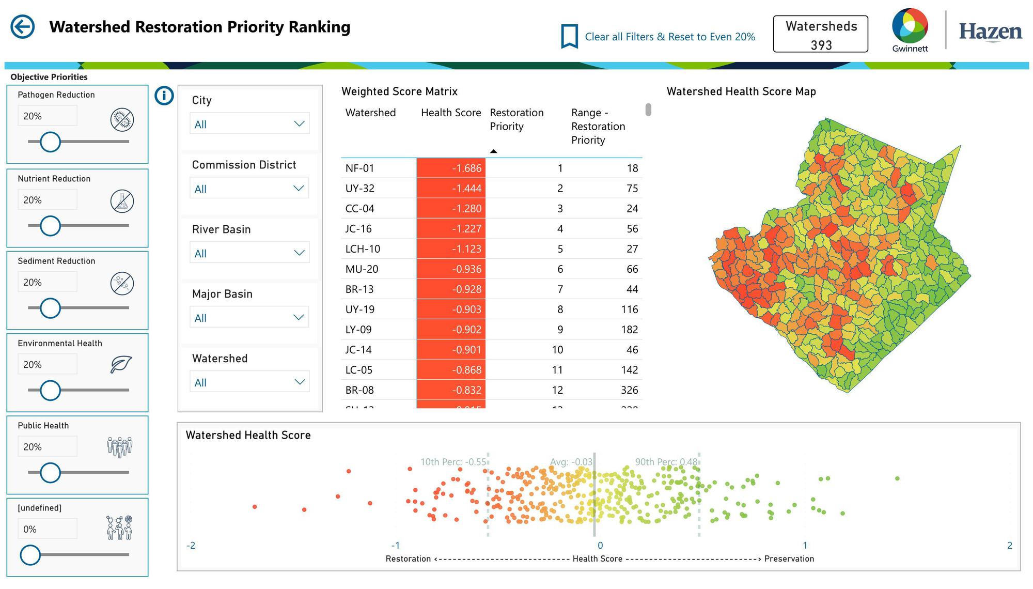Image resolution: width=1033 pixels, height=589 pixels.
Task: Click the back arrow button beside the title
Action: tap(23, 27)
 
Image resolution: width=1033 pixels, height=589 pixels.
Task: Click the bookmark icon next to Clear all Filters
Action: tap(569, 37)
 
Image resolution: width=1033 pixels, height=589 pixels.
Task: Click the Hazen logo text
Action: tap(990, 32)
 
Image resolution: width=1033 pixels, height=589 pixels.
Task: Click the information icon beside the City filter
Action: tap(164, 96)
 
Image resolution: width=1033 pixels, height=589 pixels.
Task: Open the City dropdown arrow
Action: tap(299, 124)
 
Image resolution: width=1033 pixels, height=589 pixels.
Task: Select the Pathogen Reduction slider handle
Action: tap(50, 142)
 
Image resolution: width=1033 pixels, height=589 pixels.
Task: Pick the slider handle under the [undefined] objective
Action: tap(30, 555)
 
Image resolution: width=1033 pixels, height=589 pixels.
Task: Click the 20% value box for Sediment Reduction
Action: tap(47, 282)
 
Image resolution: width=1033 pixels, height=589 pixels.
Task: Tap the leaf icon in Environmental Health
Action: tap(121, 364)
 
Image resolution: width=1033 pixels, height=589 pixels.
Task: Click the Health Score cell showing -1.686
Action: tap(451, 168)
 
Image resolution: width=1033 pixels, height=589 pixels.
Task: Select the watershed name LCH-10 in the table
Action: tap(363, 249)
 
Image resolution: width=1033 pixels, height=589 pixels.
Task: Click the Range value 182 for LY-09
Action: tap(629, 330)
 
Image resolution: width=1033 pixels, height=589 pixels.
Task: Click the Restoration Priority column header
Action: tap(516, 119)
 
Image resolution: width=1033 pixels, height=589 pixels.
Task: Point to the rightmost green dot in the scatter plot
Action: tap(897, 478)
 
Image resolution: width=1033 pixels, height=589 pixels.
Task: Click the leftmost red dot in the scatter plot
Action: tap(255, 507)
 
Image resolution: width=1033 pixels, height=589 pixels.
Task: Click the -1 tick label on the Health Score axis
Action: tap(396, 546)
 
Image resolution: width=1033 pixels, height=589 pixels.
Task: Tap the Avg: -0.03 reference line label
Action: tap(571, 462)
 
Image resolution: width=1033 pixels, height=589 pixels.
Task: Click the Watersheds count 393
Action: tap(821, 45)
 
